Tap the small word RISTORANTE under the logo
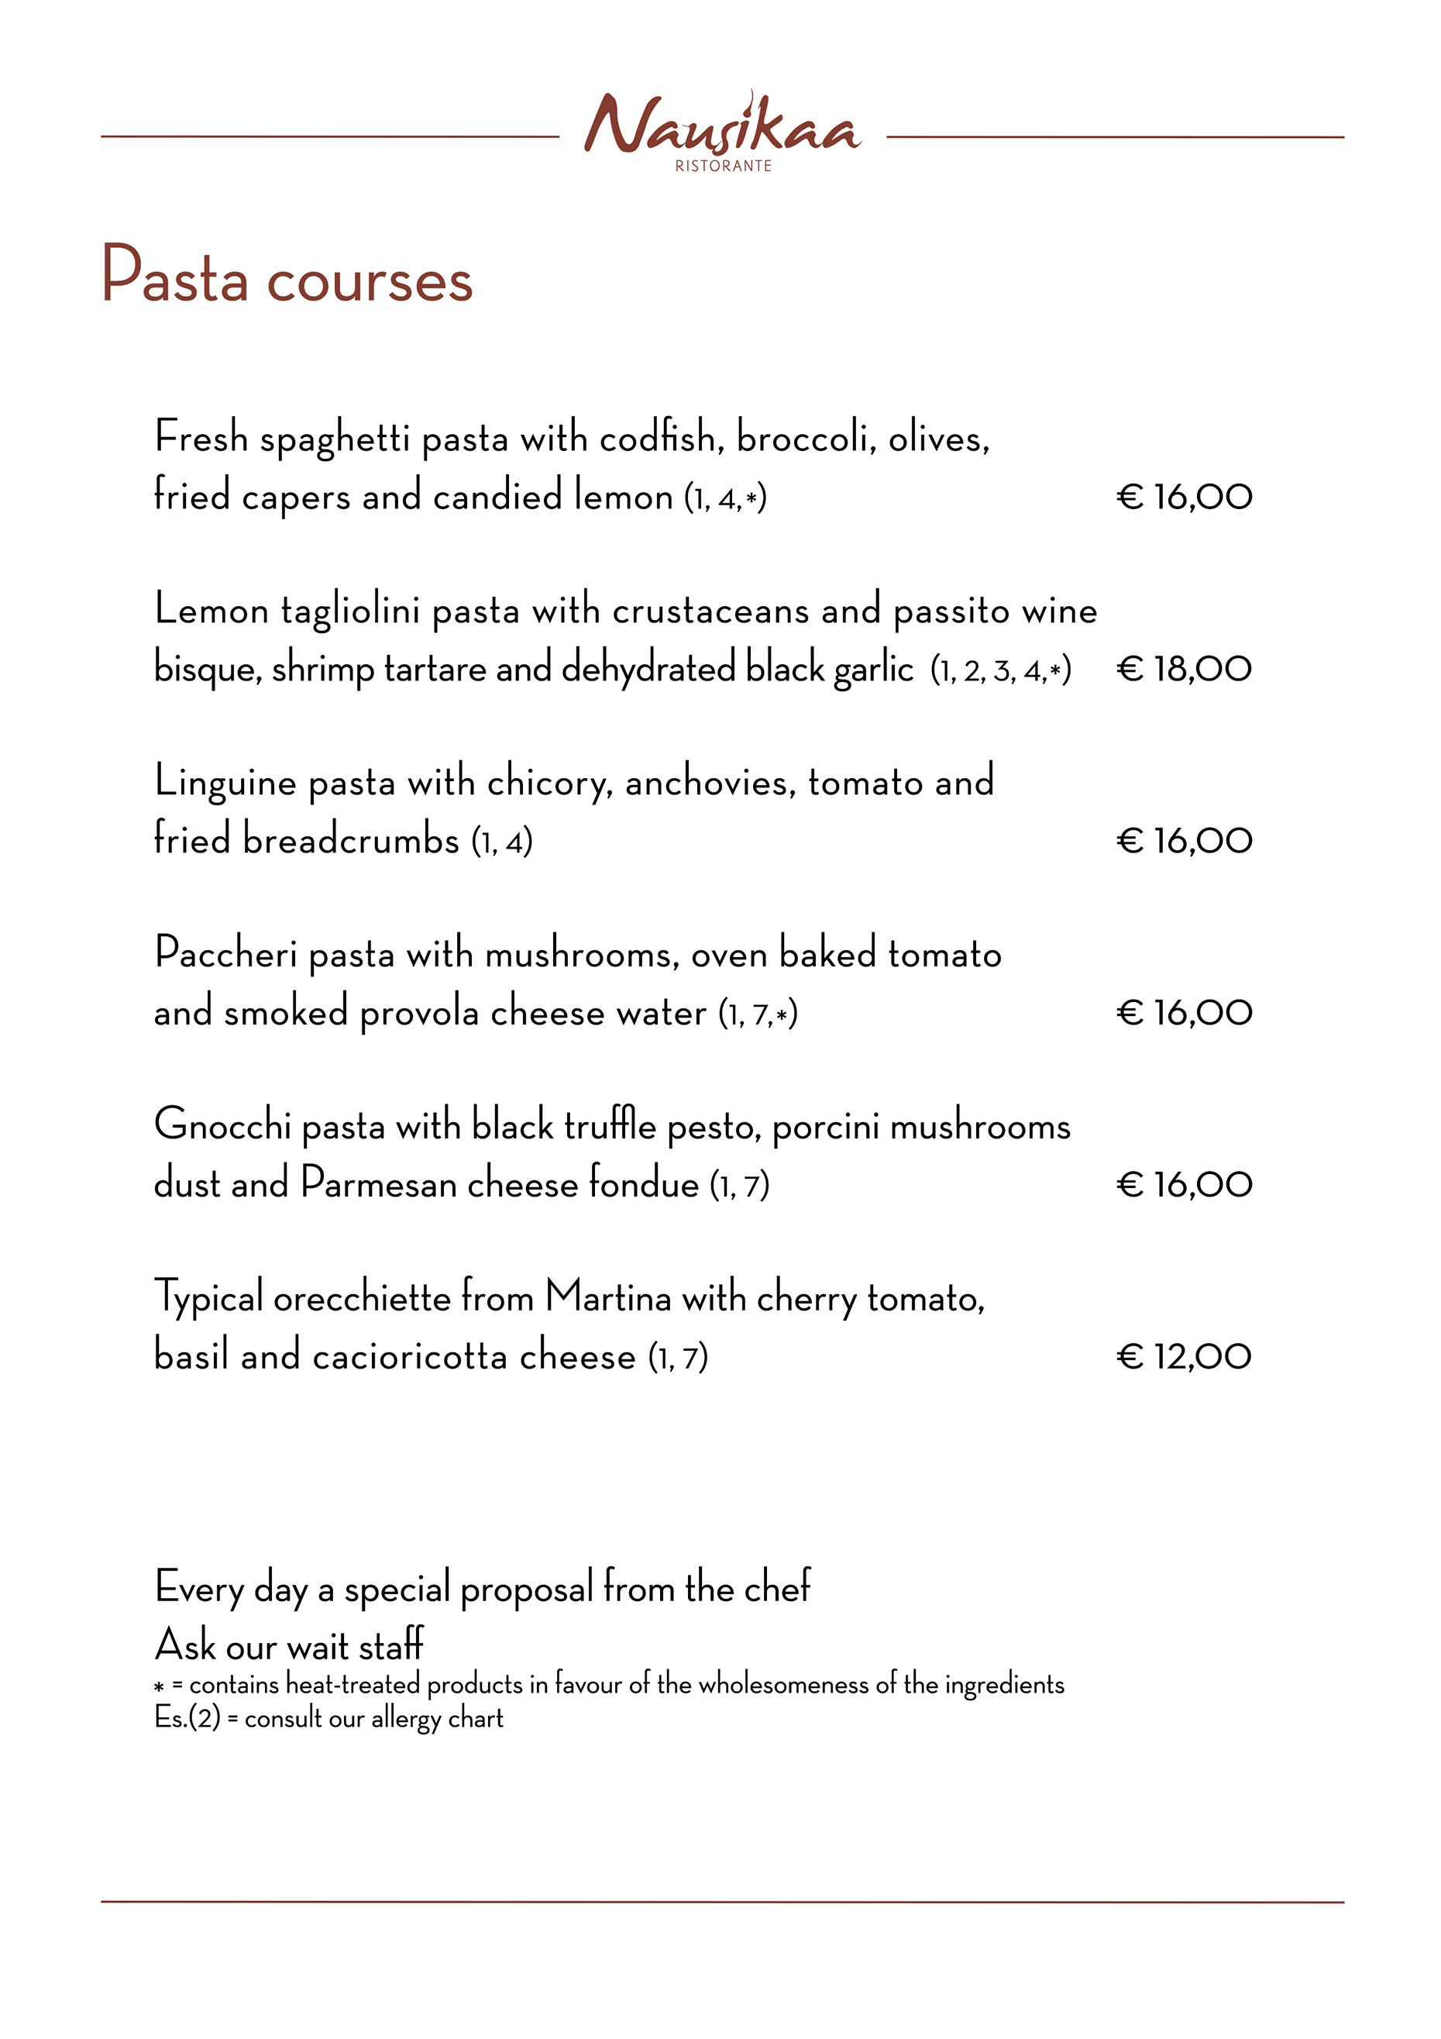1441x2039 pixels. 723,166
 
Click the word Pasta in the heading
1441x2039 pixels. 174,276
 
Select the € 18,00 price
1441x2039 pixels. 1184,669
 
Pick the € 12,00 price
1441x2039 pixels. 1184,1356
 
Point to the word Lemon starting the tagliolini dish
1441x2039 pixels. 212,610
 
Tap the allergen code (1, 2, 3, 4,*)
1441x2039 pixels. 1001,670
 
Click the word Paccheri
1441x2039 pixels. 225,954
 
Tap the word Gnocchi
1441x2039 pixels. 222,1125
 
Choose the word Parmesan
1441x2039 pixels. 378,1183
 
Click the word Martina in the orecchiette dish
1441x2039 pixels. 608,1297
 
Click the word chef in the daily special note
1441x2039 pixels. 777,1586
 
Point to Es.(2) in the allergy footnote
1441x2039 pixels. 187,1717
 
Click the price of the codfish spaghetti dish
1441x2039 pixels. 1184,497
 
